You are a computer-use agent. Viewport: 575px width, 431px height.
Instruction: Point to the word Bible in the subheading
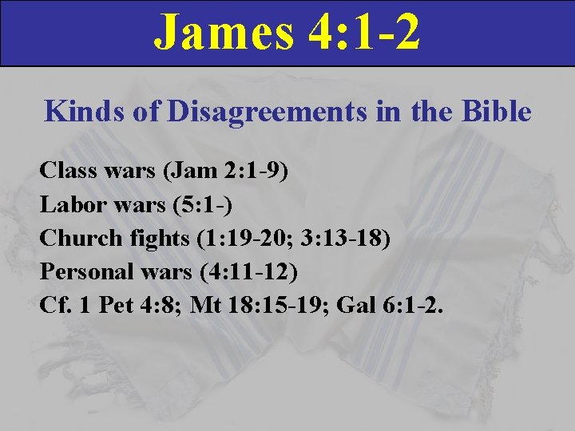click(494, 111)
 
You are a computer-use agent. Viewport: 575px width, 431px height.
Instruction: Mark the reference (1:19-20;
click(232, 238)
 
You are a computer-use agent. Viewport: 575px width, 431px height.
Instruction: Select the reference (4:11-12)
click(244, 272)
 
